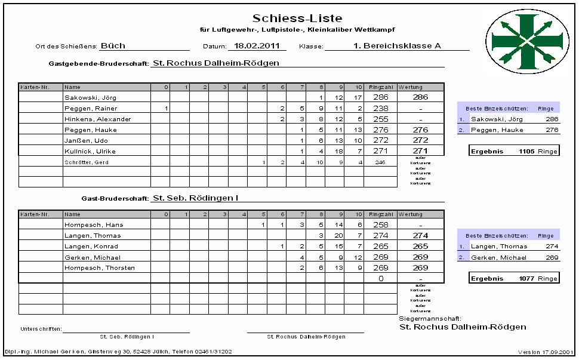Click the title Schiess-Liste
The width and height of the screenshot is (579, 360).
click(x=297, y=19)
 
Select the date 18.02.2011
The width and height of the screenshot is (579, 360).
click(x=257, y=45)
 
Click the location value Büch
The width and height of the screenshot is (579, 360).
click(x=113, y=45)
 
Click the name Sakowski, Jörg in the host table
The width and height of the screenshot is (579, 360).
click(x=91, y=97)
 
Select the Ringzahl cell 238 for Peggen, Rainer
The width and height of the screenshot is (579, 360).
click(x=380, y=108)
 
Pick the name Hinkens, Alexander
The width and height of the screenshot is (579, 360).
click(x=97, y=119)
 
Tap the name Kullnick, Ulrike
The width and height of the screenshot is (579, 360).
click(x=91, y=151)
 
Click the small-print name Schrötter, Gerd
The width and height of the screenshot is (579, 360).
click(x=87, y=162)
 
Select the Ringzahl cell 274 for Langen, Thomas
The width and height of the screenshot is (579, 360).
click(x=380, y=236)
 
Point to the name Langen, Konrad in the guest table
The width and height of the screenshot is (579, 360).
click(x=91, y=247)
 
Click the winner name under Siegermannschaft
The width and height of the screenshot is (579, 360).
click(x=463, y=327)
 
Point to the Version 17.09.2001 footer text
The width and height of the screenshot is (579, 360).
click(x=546, y=352)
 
